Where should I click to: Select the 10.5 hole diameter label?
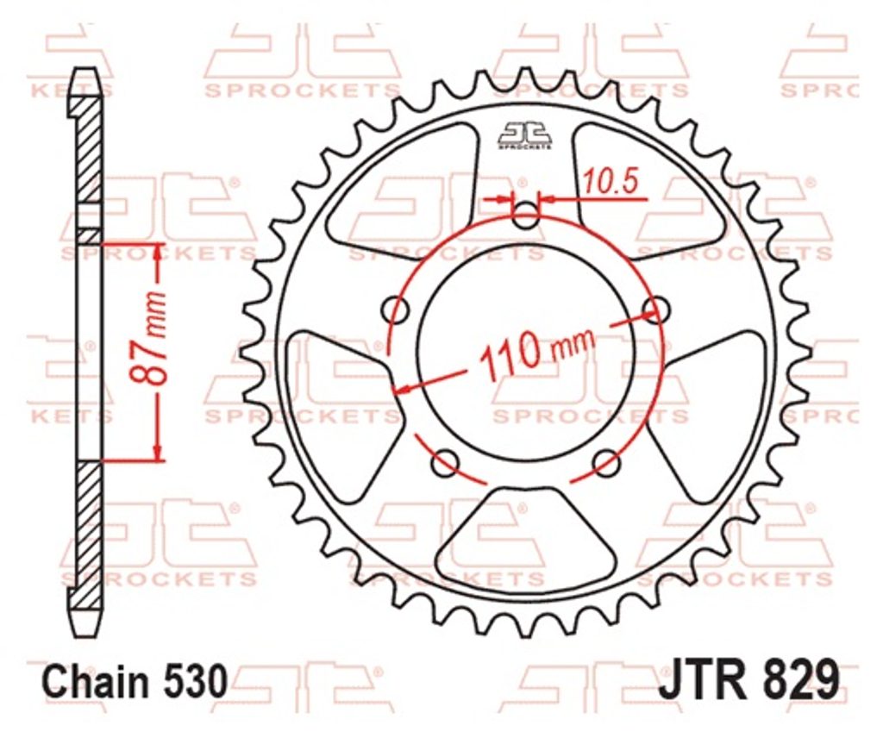(x=611, y=182)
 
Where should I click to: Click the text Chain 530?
(x=135, y=681)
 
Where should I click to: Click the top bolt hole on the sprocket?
(x=527, y=215)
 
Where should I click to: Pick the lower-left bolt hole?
(x=446, y=463)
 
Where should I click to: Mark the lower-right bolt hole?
(x=607, y=463)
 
